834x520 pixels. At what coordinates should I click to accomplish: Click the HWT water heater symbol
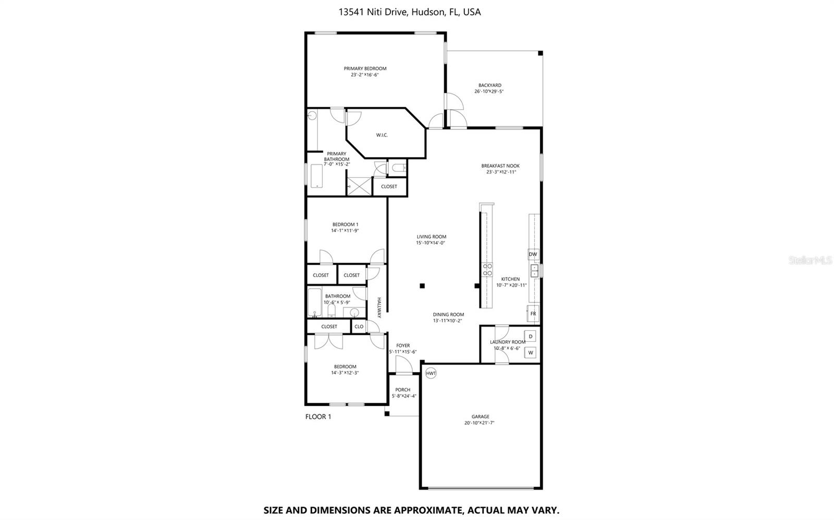point(431,373)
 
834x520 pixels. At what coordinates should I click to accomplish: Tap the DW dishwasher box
point(533,254)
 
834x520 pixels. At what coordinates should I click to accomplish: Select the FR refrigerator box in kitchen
point(533,314)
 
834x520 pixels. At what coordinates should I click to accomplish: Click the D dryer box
point(531,336)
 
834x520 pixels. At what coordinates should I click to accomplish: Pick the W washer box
point(531,353)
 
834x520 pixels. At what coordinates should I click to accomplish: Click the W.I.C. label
point(382,135)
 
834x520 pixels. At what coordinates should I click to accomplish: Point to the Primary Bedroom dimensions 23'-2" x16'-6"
point(365,75)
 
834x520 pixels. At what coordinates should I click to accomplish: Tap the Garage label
point(480,416)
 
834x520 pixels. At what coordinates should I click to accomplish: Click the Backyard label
point(489,85)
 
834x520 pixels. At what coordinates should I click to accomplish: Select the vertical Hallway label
point(379,308)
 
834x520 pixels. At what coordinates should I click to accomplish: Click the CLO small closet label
point(359,327)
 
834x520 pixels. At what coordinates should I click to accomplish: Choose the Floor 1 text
point(318,416)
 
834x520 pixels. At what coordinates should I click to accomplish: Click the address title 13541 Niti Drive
point(409,12)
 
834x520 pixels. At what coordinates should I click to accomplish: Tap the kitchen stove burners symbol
point(487,269)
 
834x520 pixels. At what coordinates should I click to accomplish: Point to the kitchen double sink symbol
point(534,270)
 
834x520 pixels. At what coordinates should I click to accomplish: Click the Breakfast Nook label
point(500,166)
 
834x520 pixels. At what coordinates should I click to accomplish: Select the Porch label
point(402,390)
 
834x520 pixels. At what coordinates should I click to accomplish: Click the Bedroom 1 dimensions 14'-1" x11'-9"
point(345,230)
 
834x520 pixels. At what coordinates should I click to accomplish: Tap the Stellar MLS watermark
point(811,259)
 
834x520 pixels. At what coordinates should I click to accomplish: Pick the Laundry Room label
point(507,342)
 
